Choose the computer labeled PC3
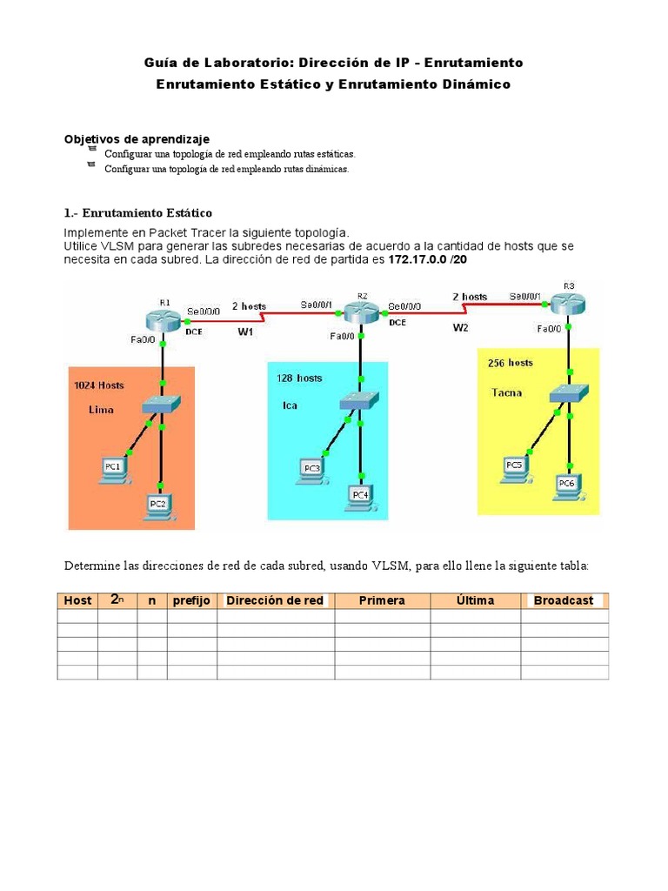click(311, 470)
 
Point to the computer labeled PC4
click(360, 495)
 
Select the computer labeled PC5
click(514, 467)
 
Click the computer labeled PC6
click(567, 484)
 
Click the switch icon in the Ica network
click(360, 400)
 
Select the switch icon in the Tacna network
click(568, 393)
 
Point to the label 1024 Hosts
click(98, 385)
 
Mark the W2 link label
click(461, 327)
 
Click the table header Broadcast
click(564, 600)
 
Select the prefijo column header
click(191, 600)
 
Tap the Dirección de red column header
click(275, 600)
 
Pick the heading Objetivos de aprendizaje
click(137, 139)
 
